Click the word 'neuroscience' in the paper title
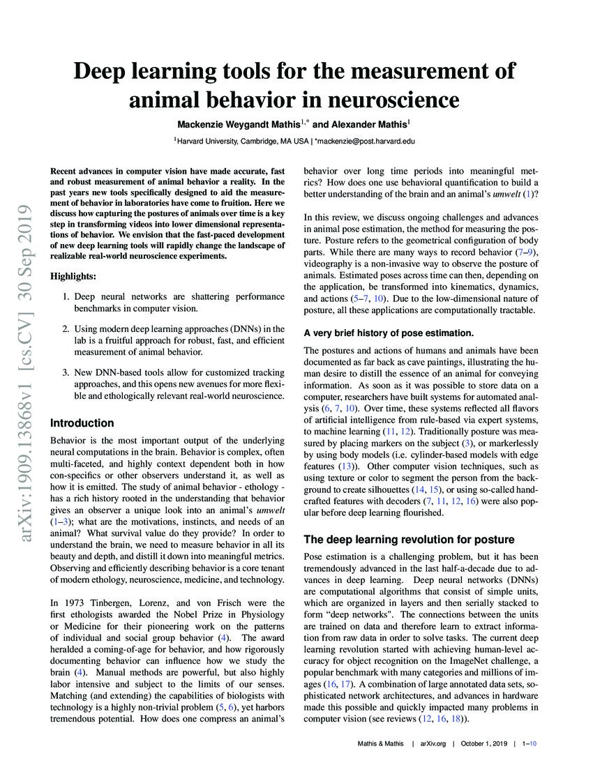[389, 100]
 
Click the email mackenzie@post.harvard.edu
[365, 140]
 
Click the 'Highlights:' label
[74, 277]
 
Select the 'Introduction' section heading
[82, 423]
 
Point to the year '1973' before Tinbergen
[77, 602]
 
